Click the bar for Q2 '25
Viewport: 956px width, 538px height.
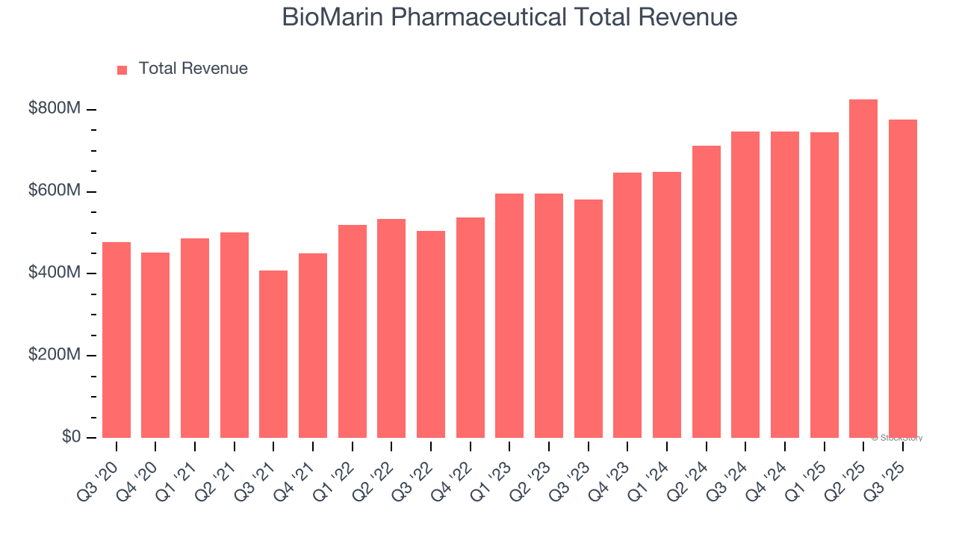point(863,269)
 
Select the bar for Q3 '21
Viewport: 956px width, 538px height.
point(273,354)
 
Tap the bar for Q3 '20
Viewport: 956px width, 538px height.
point(117,340)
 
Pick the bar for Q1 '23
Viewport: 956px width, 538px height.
point(509,315)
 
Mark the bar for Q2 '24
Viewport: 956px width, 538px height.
point(707,291)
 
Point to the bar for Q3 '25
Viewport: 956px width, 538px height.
point(903,279)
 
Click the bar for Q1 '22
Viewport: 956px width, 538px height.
point(353,331)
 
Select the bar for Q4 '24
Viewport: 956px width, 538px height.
point(785,285)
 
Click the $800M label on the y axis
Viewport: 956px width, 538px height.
point(54,109)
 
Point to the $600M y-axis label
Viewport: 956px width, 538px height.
point(54,191)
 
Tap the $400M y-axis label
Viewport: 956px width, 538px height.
point(54,273)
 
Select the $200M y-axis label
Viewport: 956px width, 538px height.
point(54,355)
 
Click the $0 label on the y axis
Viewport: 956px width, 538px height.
point(70,437)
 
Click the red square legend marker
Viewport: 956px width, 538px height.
point(122,70)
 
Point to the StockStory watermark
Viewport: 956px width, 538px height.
point(897,438)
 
